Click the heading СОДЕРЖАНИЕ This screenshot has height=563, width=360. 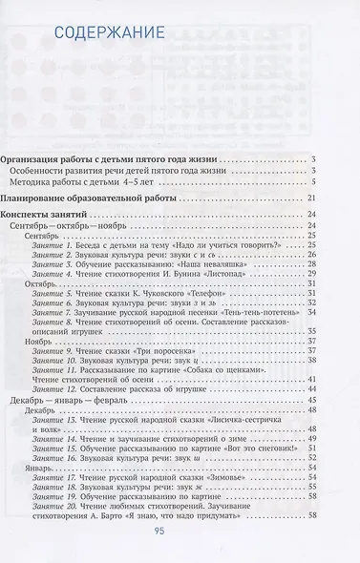pos(95,36)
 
